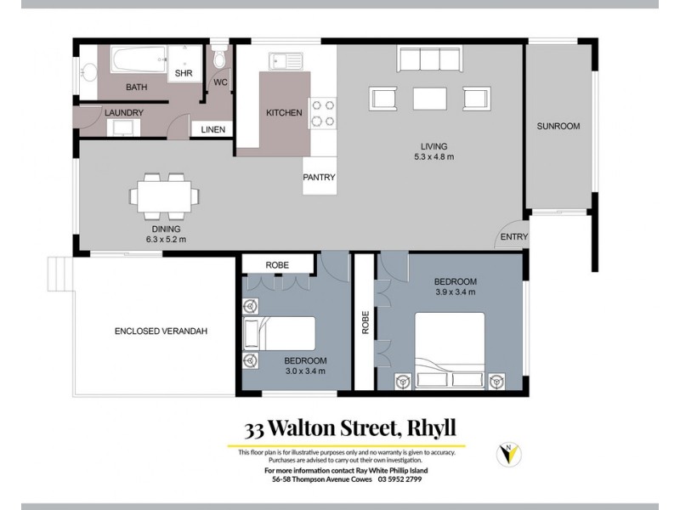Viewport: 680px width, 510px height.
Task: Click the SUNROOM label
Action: coord(558,126)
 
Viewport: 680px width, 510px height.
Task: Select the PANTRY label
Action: coord(320,177)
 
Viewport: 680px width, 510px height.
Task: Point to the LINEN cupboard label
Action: coord(213,129)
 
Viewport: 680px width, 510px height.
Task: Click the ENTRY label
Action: coord(514,237)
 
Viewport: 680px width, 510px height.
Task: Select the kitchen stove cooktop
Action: coord(322,112)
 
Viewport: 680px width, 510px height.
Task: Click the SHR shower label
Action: coord(184,74)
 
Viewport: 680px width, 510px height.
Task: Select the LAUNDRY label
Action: coord(124,112)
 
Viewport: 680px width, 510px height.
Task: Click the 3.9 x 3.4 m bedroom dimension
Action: coord(455,292)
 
